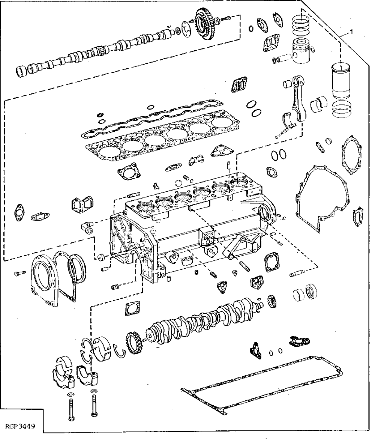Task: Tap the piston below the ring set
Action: pos(301,52)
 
